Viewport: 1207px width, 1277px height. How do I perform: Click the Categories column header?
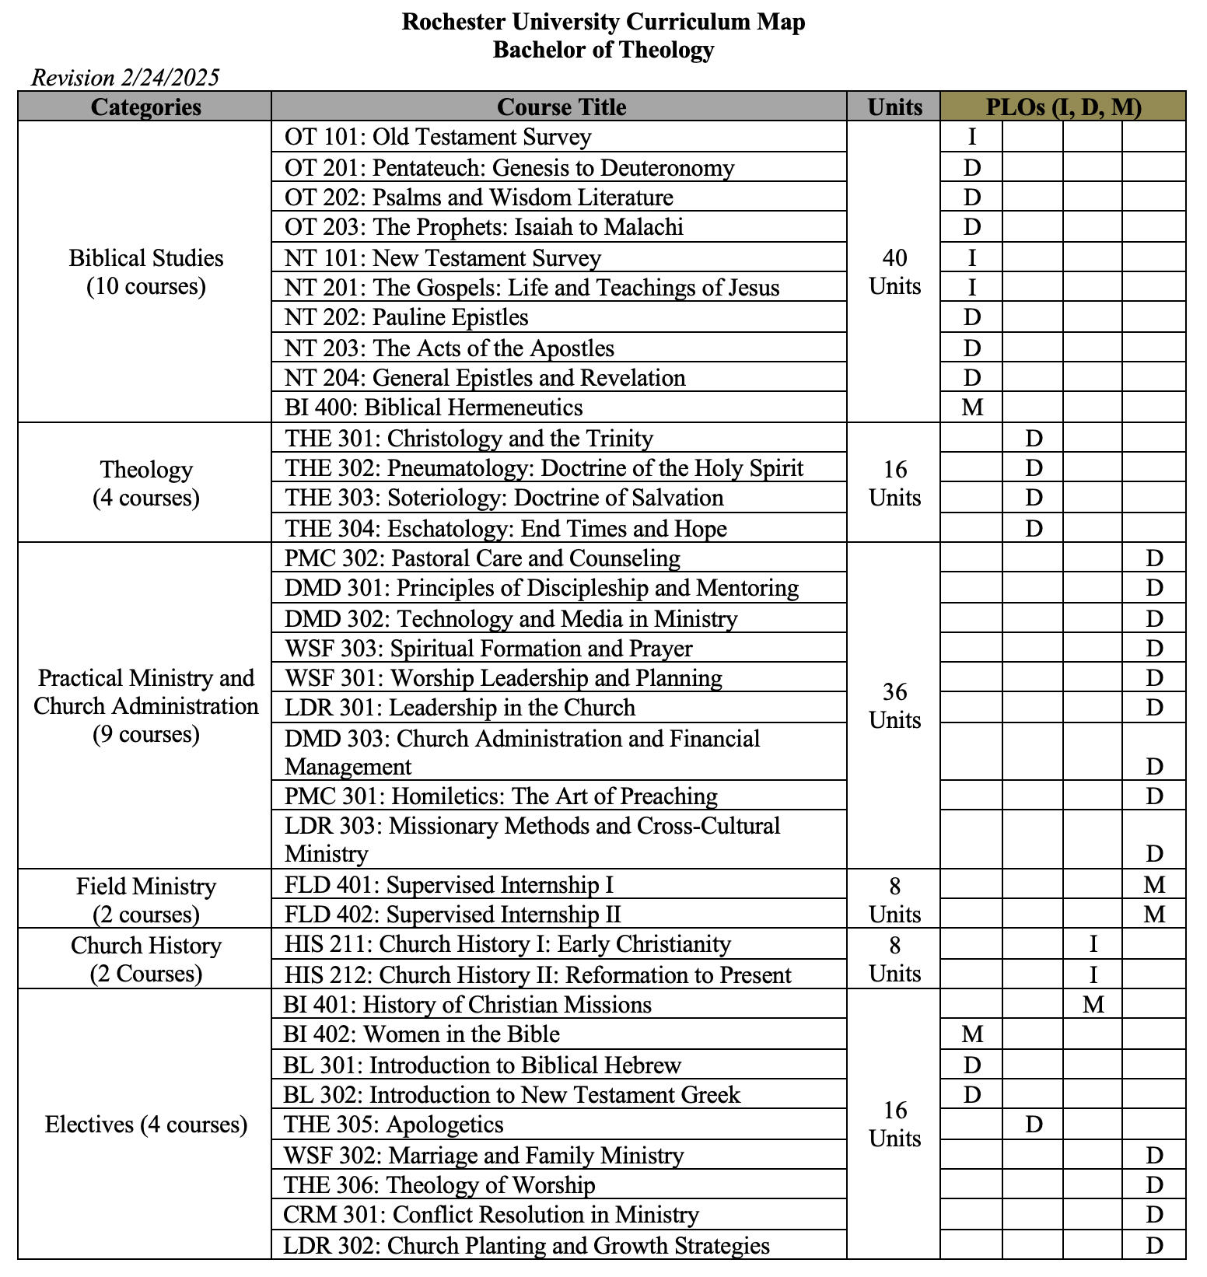145,107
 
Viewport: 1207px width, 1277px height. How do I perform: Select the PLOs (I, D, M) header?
1063,107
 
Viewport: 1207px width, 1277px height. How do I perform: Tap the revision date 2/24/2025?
125,78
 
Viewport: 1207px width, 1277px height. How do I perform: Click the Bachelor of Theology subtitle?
603,50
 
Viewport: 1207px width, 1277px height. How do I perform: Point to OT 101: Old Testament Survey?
438,137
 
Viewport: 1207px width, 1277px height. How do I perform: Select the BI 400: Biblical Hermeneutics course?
433,408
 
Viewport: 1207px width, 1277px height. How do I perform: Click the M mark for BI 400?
972,408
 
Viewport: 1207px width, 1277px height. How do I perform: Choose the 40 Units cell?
894,272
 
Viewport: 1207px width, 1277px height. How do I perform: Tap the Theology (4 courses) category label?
145,483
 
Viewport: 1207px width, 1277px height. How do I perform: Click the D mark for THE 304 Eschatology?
1034,529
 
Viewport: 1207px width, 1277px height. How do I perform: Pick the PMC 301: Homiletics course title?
501,796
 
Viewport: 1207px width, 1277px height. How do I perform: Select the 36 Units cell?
894,705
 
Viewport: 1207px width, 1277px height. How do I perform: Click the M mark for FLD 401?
1154,885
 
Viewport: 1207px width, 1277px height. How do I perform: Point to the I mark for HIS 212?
1093,974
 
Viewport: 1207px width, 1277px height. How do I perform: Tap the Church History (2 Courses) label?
145,959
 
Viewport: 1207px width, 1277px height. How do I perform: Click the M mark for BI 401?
1093,1005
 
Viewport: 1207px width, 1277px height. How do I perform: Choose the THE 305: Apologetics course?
394,1125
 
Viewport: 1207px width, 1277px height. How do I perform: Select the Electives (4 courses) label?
145,1125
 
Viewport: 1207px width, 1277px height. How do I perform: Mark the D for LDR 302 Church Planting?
1154,1246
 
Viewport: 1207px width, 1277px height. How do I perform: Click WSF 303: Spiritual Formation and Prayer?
488,649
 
